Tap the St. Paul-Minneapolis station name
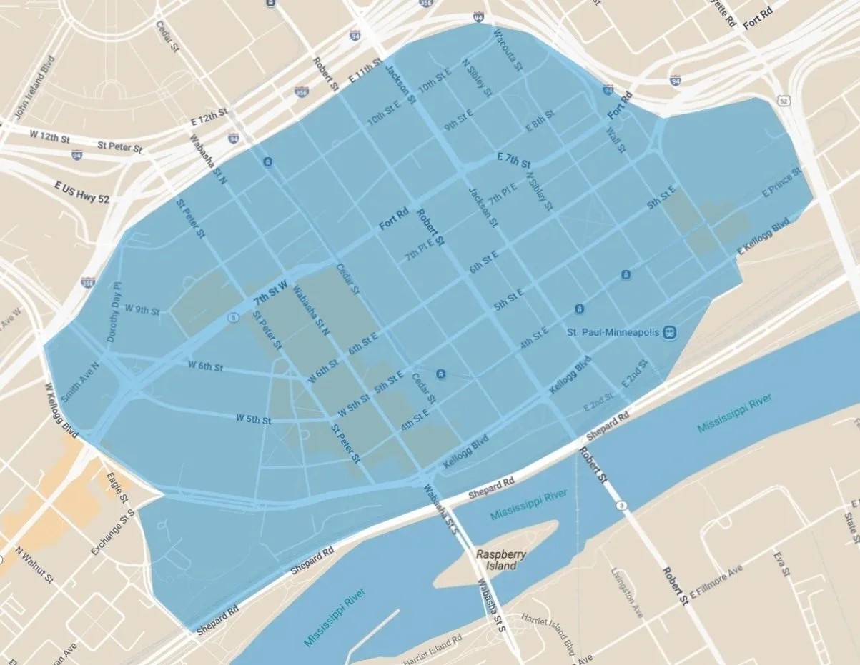coord(613,332)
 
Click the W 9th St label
coord(142,310)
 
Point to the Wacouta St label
coord(506,42)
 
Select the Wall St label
coord(616,139)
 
